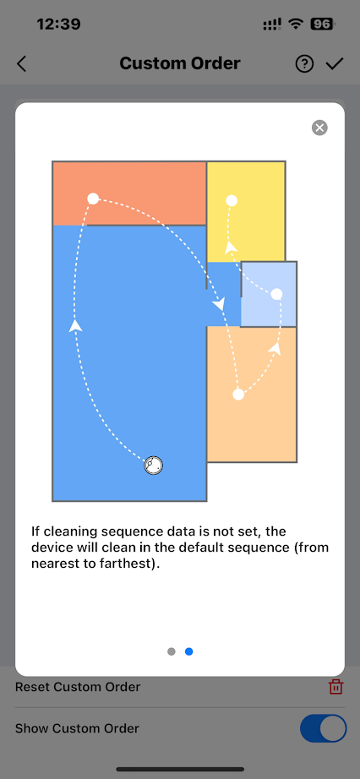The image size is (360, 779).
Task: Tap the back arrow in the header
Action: (21, 64)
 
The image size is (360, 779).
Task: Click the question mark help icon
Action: (304, 64)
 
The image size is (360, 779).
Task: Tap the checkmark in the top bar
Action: (335, 63)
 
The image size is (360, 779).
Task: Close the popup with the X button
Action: (319, 128)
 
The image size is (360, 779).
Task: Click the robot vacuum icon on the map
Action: (154, 466)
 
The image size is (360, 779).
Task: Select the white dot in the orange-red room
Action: (93, 199)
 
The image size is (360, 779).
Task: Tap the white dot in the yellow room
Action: (232, 201)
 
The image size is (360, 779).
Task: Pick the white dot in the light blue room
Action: (276, 295)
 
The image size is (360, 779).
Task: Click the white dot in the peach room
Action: (238, 395)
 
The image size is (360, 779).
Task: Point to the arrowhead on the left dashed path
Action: (75, 325)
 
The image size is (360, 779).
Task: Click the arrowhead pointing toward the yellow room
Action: (231, 247)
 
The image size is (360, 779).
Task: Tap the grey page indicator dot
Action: (172, 651)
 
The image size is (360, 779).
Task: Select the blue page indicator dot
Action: (189, 651)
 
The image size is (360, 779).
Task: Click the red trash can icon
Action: (335, 687)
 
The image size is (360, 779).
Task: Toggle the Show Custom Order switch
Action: (323, 728)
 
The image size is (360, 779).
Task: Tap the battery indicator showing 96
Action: (323, 24)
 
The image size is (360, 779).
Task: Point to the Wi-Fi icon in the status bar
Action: (297, 24)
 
